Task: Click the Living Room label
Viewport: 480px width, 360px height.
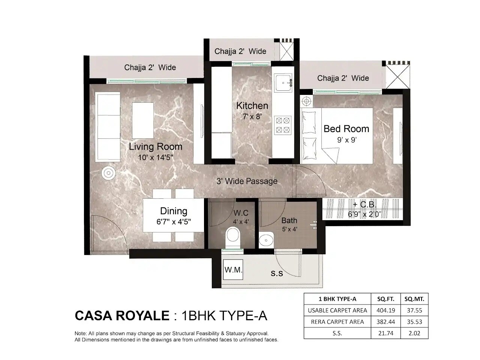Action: coord(155,146)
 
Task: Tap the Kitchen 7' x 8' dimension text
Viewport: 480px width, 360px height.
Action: coord(252,117)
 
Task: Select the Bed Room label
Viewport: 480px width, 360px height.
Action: coord(346,129)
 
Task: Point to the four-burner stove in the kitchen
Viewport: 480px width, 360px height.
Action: coord(283,125)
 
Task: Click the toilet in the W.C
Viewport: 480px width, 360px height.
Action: coord(233,237)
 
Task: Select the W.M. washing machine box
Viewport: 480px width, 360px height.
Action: coord(233,270)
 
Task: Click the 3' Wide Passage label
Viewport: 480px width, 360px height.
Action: coord(247,181)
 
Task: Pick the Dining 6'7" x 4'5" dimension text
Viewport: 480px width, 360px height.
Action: coord(174,222)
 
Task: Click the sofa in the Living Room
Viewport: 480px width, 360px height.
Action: coord(108,127)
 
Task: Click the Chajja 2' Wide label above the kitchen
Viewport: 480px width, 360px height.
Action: coord(240,51)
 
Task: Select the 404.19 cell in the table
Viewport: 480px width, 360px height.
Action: coord(385,310)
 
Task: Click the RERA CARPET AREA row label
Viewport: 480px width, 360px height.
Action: coord(337,321)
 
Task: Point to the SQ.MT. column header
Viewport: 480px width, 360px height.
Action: coord(414,299)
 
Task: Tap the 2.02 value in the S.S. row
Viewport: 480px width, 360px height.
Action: coord(414,333)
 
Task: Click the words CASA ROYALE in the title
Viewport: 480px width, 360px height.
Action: coord(122,315)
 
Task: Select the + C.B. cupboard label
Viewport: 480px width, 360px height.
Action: coord(362,205)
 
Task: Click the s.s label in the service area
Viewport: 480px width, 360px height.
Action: coord(277,273)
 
